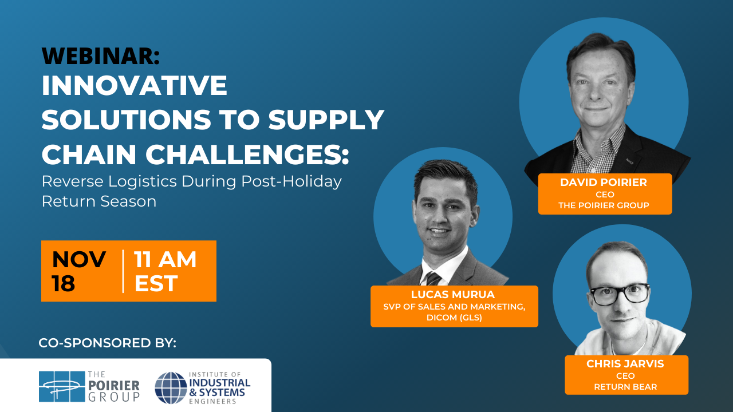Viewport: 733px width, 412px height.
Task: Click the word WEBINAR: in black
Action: pyautogui.click(x=101, y=56)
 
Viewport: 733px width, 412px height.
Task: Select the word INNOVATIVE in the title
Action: pyautogui.click(x=135, y=85)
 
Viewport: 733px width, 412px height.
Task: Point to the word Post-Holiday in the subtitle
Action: pyautogui.click(x=291, y=182)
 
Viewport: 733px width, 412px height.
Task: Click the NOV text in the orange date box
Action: pyautogui.click(x=79, y=259)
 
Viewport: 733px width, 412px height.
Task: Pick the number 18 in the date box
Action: pyautogui.click(x=64, y=283)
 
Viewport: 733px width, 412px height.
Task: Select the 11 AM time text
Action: pyautogui.click(x=165, y=259)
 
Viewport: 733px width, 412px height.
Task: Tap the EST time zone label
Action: pyautogui.click(x=156, y=283)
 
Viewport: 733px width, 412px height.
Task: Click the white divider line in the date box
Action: pyautogui.click(x=123, y=271)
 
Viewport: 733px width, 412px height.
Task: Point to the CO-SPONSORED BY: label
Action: pyautogui.click(x=107, y=343)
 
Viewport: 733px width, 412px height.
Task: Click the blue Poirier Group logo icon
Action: pyautogui.click(x=62, y=386)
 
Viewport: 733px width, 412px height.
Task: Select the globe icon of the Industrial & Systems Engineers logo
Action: pyautogui.click(x=171, y=388)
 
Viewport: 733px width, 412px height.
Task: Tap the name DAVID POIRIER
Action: pyautogui.click(x=604, y=183)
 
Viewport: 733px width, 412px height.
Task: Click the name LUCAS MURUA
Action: pyautogui.click(x=453, y=295)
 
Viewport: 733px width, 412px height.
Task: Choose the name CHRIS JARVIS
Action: pyautogui.click(x=625, y=363)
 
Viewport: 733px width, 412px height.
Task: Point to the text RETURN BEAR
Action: pyautogui.click(x=625, y=387)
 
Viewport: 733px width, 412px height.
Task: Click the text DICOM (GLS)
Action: pyautogui.click(x=454, y=318)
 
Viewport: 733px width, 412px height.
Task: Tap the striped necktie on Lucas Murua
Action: pyautogui.click(x=434, y=279)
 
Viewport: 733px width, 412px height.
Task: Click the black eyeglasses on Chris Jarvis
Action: pyautogui.click(x=620, y=294)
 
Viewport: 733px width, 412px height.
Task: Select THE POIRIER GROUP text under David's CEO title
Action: pyautogui.click(x=604, y=205)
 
